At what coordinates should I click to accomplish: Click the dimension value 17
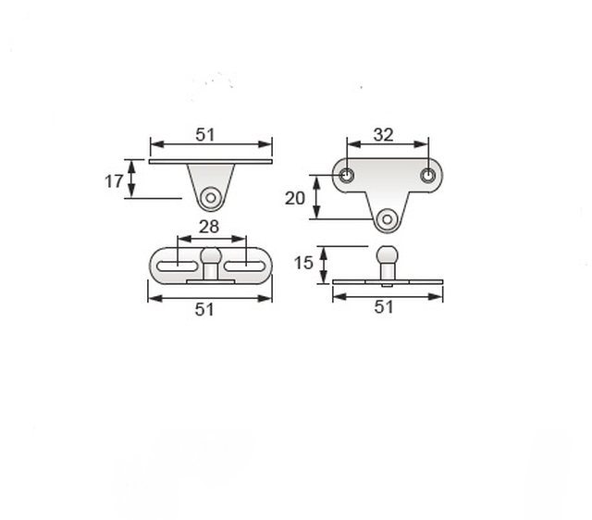tap(114, 181)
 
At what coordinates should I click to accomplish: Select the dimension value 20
tap(294, 198)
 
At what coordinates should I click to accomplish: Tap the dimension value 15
tap(303, 263)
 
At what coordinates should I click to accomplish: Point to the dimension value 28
tap(209, 227)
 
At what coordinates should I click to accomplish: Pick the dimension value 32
tap(383, 135)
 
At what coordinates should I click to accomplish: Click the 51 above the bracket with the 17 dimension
tap(205, 135)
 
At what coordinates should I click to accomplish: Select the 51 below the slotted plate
tap(204, 310)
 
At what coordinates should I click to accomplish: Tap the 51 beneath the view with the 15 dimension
tap(384, 307)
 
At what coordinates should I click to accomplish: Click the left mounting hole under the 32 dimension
tap(346, 175)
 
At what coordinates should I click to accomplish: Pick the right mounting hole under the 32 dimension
tap(427, 175)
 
